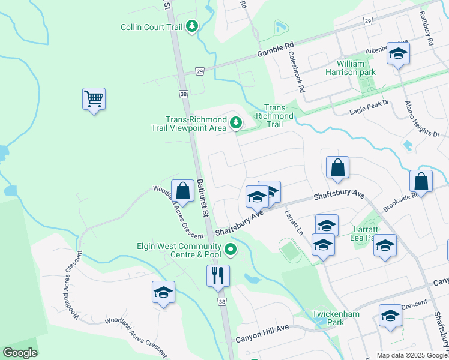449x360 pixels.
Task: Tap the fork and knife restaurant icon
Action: (x=218, y=275)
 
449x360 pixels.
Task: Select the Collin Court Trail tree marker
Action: (x=192, y=26)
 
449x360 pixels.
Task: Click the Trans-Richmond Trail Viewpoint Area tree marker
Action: (x=236, y=123)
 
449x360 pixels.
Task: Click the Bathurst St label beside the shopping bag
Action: (x=203, y=197)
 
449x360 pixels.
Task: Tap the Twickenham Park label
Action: (x=327, y=318)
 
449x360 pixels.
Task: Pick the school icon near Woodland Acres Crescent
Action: (x=163, y=292)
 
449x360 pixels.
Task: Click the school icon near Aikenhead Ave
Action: (x=397, y=53)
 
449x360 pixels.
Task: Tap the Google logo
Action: (x=20, y=353)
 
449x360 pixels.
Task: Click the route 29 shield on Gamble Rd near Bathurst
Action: (x=199, y=71)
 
